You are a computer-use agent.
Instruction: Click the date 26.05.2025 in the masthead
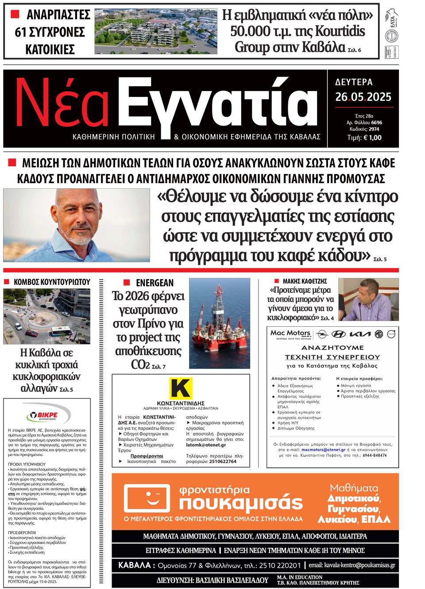tap(363, 97)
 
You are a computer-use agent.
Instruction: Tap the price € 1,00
tap(372, 138)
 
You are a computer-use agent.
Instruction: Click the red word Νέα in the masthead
tap(62, 103)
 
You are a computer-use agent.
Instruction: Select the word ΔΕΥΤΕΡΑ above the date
tap(354, 82)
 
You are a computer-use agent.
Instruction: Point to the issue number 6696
tap(376, 122)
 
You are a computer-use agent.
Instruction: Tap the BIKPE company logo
tap(42, 416)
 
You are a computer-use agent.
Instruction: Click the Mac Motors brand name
tap(290, 333)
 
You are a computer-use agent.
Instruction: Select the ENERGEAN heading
tap(155, 283)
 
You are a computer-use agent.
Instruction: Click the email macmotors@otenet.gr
tap(323, 450)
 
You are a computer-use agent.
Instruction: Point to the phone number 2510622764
tap(223, 461)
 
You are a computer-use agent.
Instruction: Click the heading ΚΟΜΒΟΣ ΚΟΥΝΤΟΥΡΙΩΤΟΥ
tap(52, 282)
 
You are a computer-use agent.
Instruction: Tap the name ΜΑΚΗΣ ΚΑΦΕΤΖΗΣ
tap(305, 281)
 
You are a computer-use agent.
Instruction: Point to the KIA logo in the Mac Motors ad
tap(360, 334)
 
